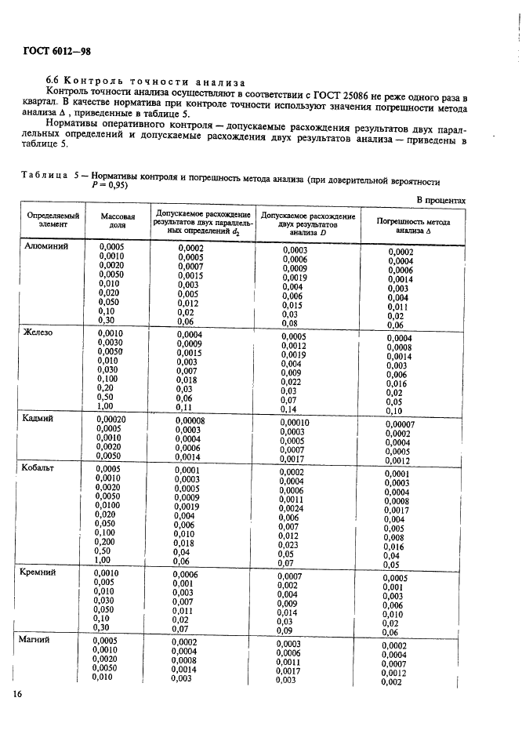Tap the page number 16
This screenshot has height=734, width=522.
point(17,694)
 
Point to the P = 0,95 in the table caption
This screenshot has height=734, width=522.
point(110,186)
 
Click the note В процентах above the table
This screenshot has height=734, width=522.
point(441,200)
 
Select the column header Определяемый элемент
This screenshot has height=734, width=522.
point(53,219)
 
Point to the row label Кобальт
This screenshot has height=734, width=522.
point(43,468)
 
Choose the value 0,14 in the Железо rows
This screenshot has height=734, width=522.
point(289,409)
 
